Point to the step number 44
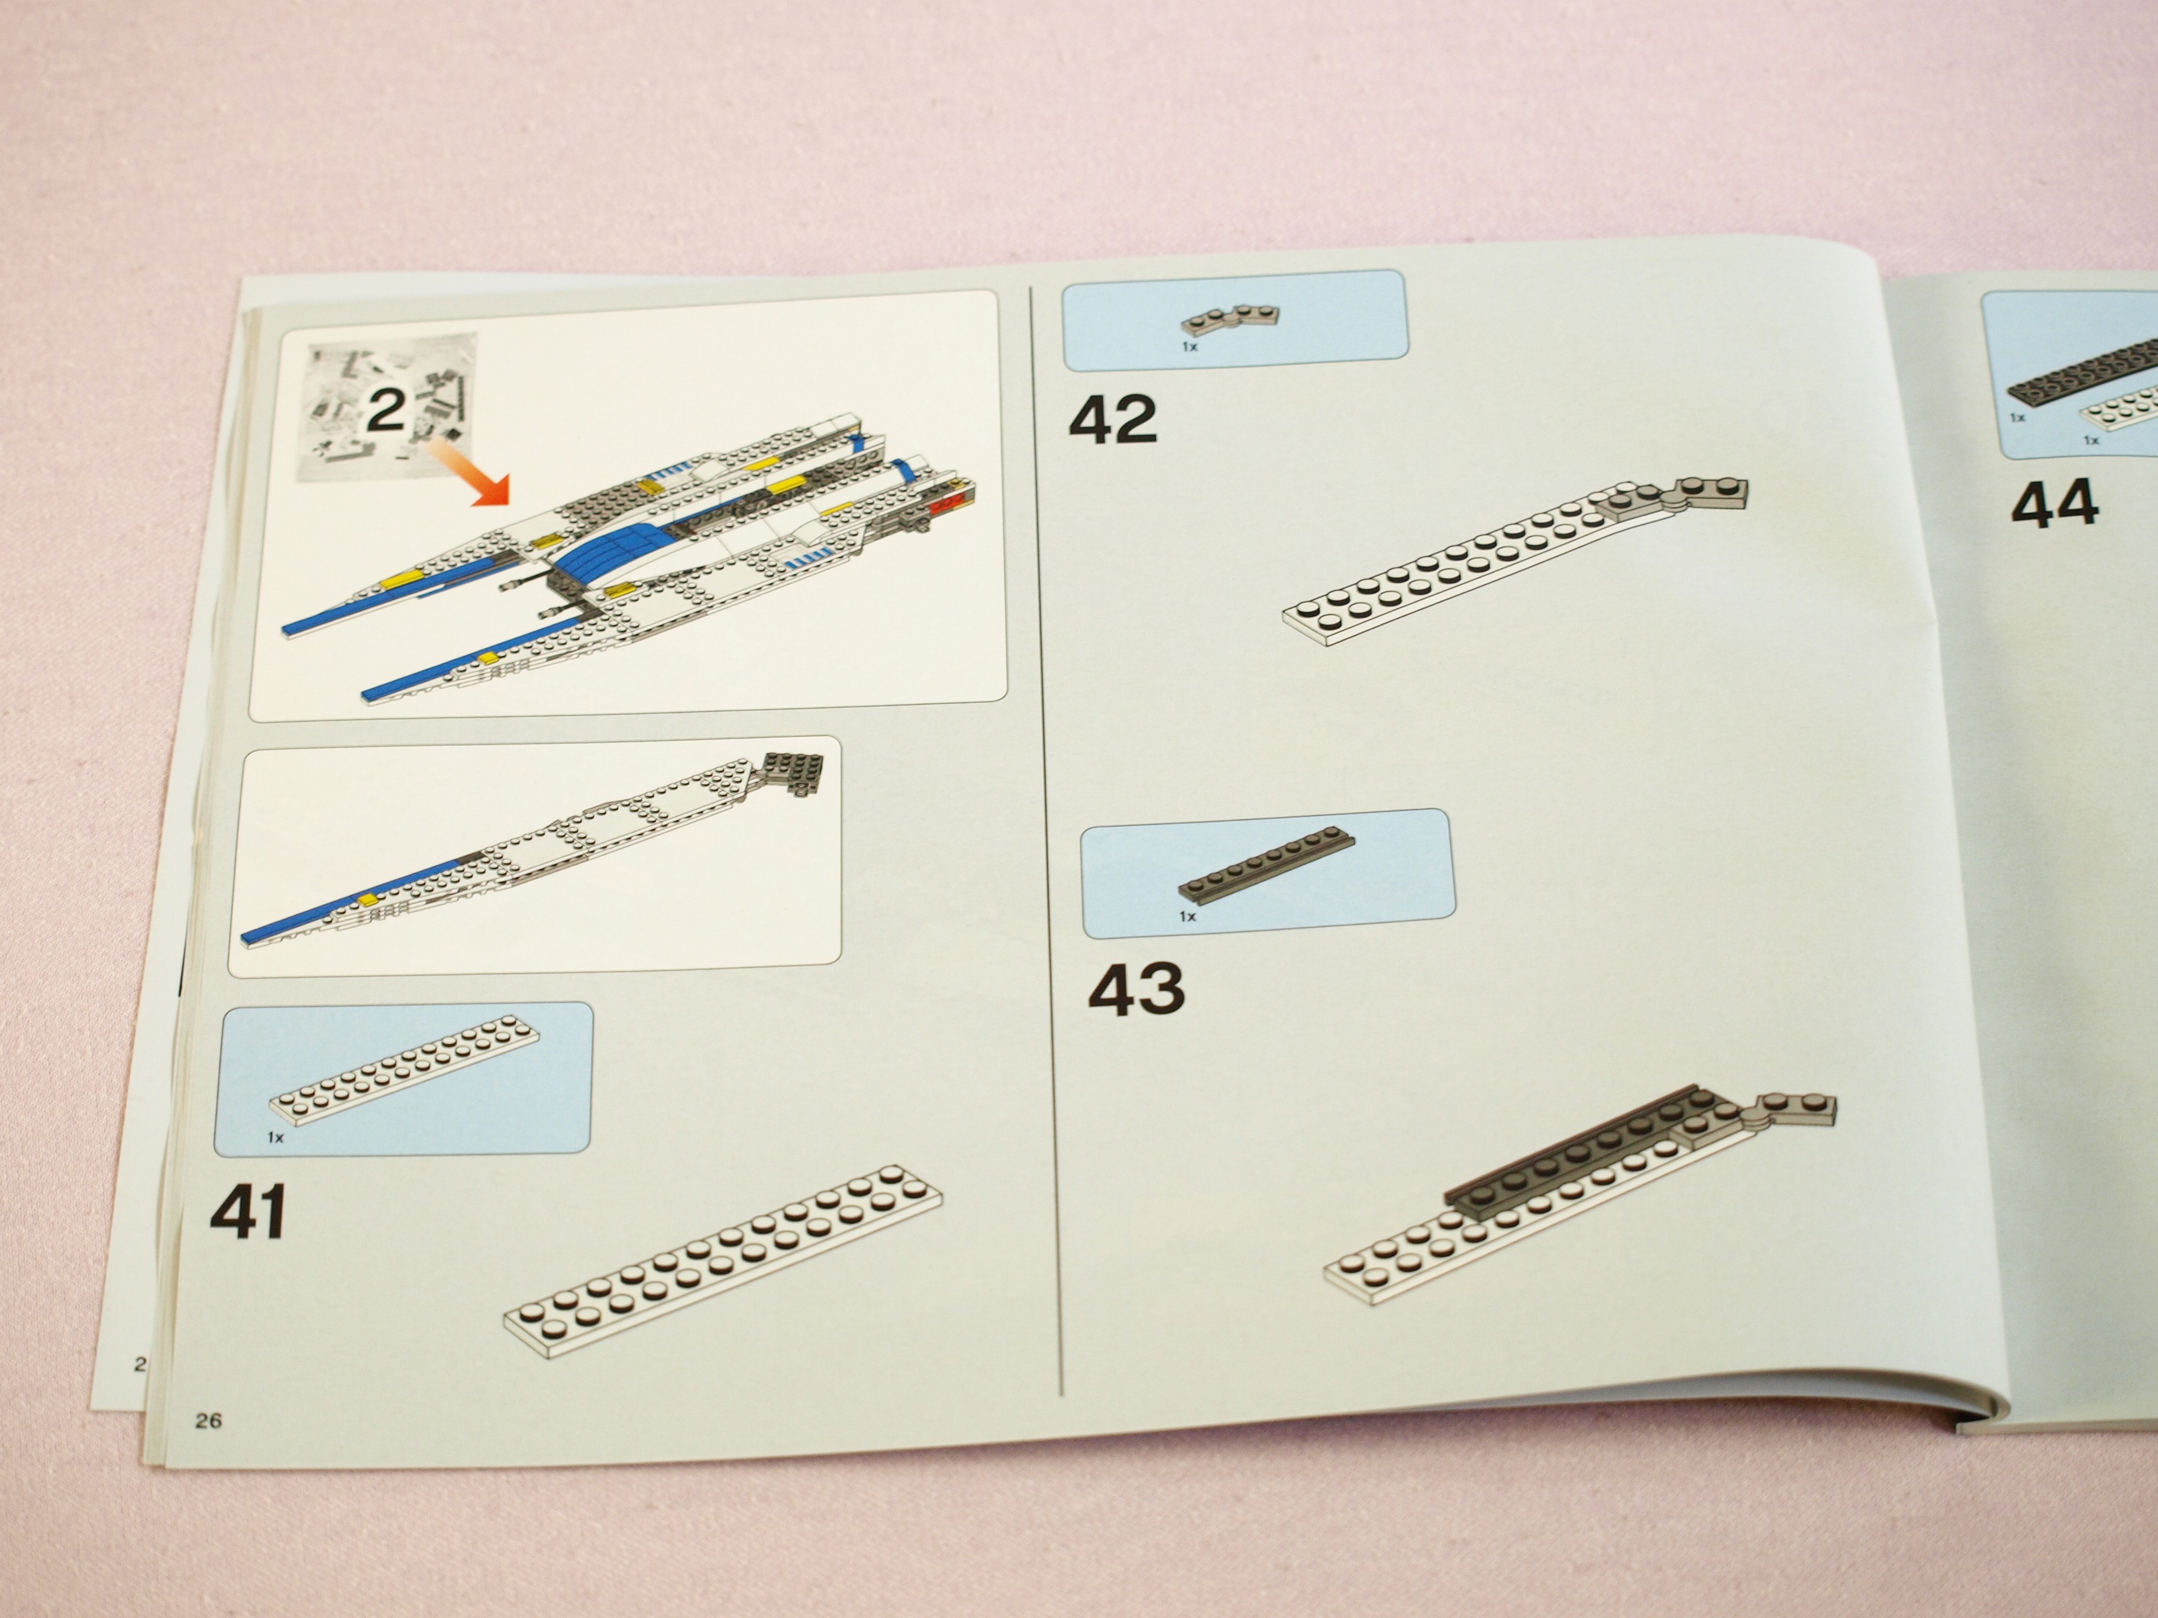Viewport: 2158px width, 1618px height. [2054, 503]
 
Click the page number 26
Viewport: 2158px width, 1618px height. [208, 1420]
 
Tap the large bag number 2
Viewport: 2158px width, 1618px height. [385, 410]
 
